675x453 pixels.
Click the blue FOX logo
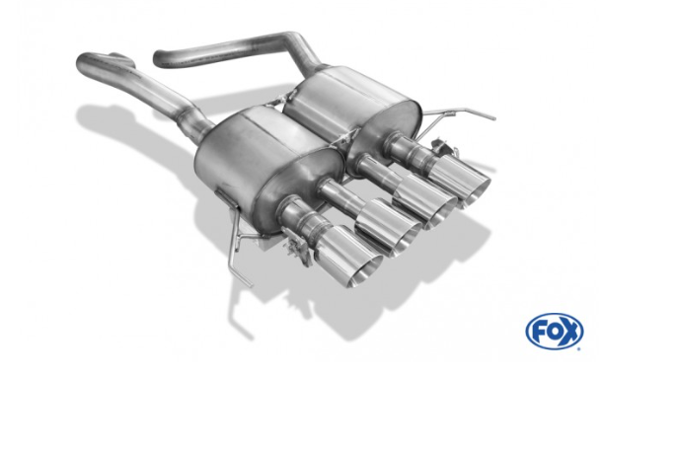(555, 332)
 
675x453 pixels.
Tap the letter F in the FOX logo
(539, 332)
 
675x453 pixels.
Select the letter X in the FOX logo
(569, 332)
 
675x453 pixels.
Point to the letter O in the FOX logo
(554, 332)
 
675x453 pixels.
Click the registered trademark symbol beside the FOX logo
(579, 349)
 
